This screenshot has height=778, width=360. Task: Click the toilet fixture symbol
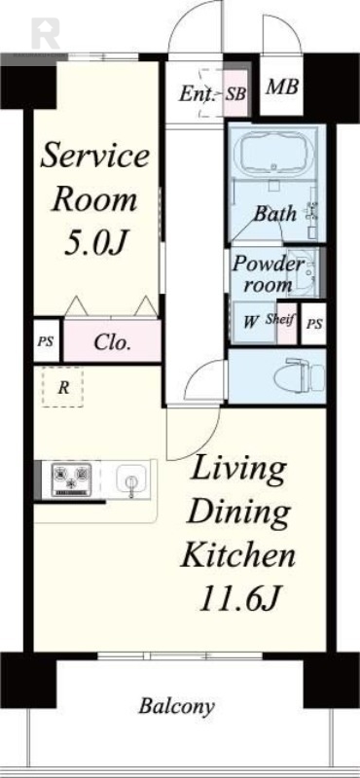299,376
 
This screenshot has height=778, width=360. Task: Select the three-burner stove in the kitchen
72,478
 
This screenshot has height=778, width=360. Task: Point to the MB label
282,88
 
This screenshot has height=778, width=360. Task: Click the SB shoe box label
235,94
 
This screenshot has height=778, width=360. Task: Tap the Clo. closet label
112,342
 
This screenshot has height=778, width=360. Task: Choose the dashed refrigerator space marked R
62,387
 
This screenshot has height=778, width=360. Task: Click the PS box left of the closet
46,341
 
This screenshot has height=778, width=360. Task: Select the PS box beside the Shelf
314,324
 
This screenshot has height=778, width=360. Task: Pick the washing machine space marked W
252,323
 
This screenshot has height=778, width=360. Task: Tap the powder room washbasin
303,272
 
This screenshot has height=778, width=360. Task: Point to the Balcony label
176,706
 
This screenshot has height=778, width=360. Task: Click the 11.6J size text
237,599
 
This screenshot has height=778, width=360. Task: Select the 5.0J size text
92,242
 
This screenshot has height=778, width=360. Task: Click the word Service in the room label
94,155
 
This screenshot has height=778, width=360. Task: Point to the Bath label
275,214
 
